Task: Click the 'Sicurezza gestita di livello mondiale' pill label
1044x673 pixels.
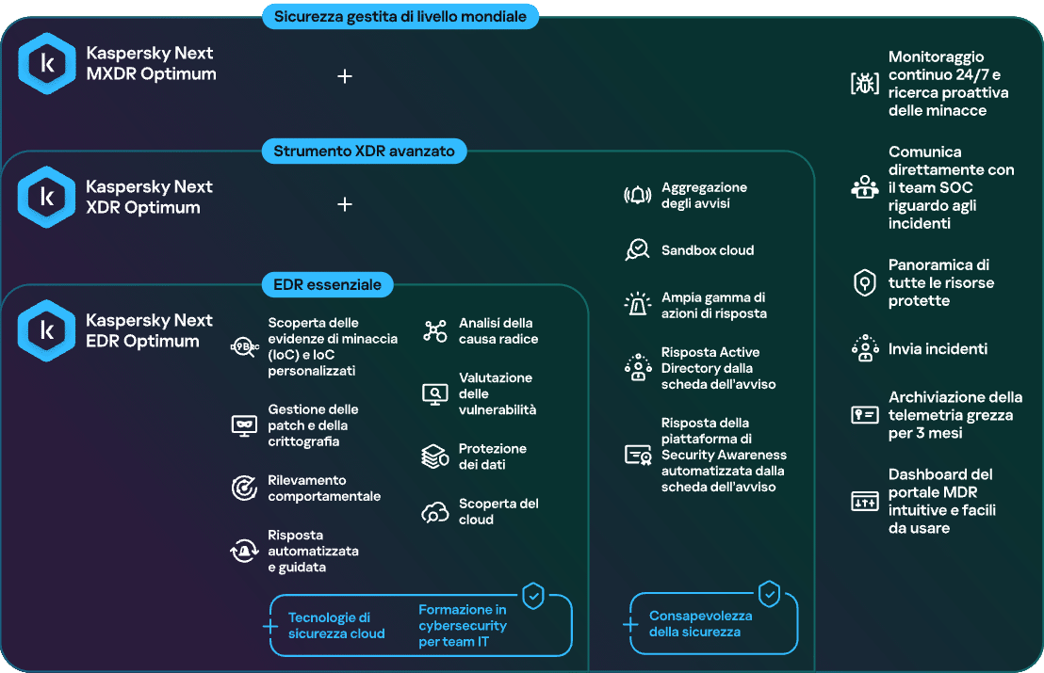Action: (400, 17)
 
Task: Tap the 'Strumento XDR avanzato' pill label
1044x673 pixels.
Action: (365, 151)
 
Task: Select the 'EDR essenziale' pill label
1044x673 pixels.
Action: (328, 284)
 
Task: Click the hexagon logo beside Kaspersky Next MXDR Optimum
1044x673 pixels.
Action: (46, 63)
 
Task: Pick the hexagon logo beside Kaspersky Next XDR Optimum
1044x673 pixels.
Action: (46, 197)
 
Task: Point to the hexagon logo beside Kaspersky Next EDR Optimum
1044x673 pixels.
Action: (46, 330)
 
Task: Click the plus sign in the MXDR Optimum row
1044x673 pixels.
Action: (345, 76)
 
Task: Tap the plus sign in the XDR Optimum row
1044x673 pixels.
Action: (345, 204)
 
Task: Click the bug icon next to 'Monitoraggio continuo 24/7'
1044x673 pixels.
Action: (865, 83)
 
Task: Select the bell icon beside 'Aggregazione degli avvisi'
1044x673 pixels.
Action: (637, 196)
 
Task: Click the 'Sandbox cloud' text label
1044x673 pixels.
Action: (708, 250)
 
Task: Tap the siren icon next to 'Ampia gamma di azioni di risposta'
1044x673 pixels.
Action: (637, 305)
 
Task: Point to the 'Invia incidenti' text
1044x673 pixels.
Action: (938, 349)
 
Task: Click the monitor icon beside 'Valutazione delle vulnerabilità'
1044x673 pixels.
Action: (435, 394)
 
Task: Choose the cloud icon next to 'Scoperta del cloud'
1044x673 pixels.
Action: (435, 513)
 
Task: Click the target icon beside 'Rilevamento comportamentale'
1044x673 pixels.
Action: (244, 489)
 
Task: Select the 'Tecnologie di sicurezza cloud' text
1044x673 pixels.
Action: (337, 626)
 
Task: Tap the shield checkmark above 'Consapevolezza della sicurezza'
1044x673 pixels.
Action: (769, 593)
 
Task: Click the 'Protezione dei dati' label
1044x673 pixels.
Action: (493, 457)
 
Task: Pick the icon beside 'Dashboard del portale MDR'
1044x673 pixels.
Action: (865, 502)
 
